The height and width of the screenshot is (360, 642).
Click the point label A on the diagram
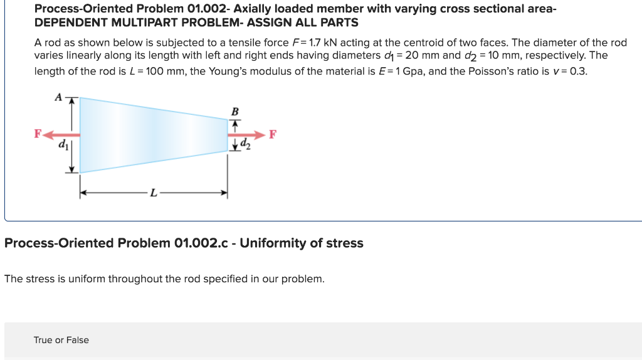point(58,97)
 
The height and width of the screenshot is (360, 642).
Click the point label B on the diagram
point(235,112)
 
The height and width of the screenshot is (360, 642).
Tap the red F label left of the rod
point(38,134)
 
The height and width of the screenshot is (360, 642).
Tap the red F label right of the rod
point(272,134)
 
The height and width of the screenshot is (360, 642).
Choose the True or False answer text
point(61,340)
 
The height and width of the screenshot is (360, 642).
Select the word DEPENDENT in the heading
point(68,23)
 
